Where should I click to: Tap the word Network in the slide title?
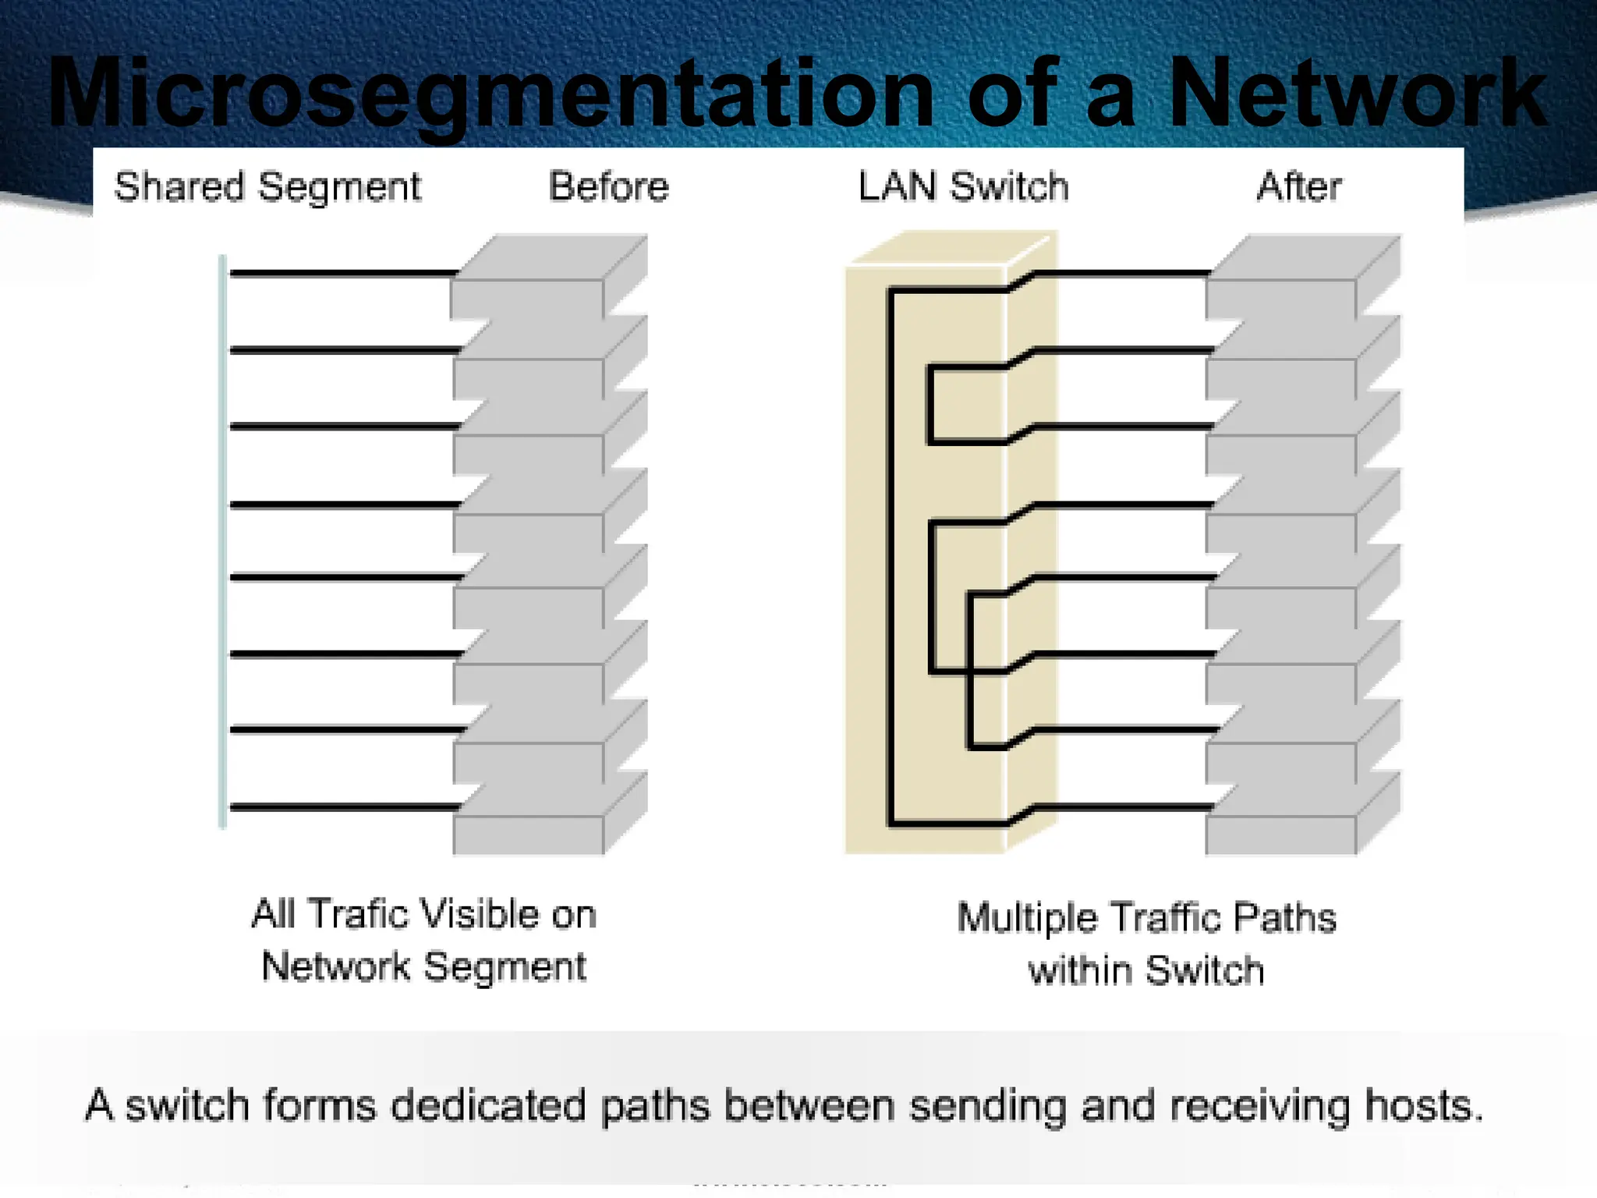pyautogui.click(x=1357, y=94)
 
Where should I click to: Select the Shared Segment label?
pyautogui.click(x=267, y=187)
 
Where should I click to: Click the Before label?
pyautogui.click(x=609, y=187)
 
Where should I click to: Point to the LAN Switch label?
pyautogui.click(x=963, y=187)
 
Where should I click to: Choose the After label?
pyautogui.click(x=1299, y=187)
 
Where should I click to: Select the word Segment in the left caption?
pyautogui.click(x=505, y=968)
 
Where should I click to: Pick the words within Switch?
pyautogui.click(x=1146, y=971)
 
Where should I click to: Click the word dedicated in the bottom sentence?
pyautogui.click(x=487, y=1106)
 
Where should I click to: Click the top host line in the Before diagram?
pyautogui.click(x=343, y=274)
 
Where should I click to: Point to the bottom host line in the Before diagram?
pyautogui.click(x=343, y=807)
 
